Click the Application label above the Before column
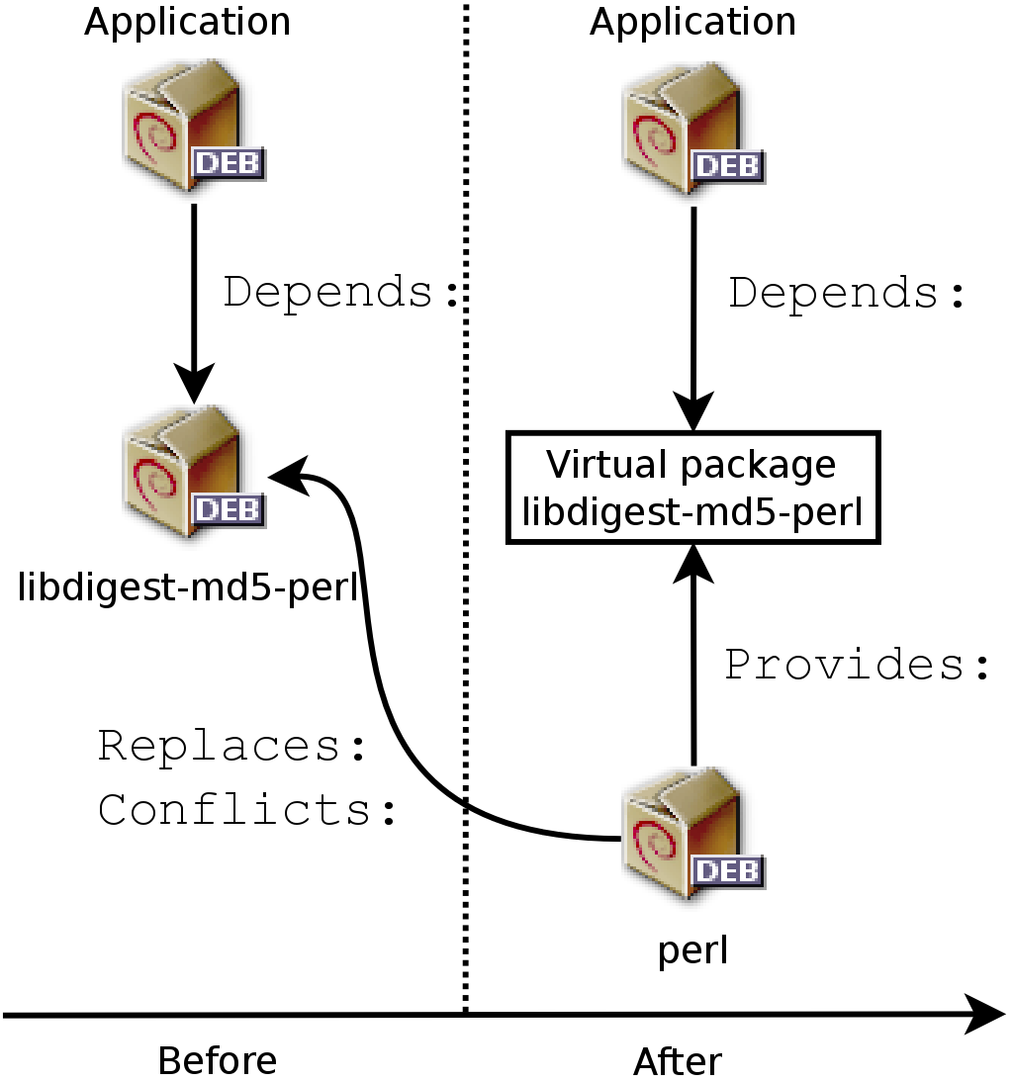pos(187,22)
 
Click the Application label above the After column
pos(692,22)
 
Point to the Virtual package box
pos(692,488)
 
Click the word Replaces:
pos(232,747)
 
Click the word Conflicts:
pos(247,809)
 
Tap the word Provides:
pos(857,666)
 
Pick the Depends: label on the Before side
pos(342,293)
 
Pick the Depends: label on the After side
pos(847,294)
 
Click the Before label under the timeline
pos(218,1061)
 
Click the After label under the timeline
pos(678,1062)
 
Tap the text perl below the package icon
pos(692,950)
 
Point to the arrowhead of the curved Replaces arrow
pos(287,476)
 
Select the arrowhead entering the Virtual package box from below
pos(692,562)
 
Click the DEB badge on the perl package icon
pos(726,871)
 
